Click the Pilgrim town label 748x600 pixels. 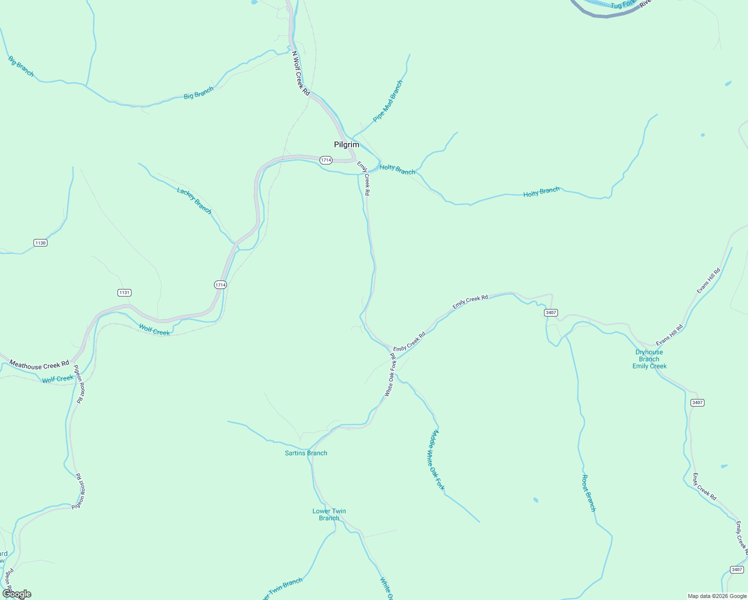346,144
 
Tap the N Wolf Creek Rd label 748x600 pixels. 301,73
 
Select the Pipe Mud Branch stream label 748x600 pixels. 388,101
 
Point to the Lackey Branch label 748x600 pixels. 194,200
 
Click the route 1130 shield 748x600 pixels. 40,243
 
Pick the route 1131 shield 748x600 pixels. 124,292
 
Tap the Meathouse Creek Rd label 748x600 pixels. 39,365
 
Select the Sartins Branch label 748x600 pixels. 306,453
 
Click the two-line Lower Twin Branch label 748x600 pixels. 329,514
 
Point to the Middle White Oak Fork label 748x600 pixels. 435,460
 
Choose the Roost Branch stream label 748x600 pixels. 588,493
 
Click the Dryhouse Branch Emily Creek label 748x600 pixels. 649,359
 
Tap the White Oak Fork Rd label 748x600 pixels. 390,375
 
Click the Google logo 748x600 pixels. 16,594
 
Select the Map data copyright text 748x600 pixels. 717,596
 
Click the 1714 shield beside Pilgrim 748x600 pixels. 326,160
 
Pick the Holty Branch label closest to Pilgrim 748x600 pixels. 397,169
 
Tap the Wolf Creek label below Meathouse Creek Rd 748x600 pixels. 58,379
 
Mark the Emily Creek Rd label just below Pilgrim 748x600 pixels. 364,178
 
